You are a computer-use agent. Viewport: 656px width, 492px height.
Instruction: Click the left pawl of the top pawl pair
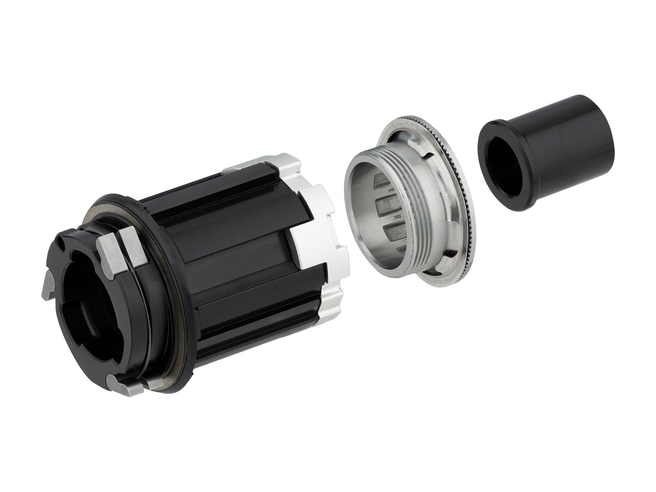pyautogui.click(x=108, y=254)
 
